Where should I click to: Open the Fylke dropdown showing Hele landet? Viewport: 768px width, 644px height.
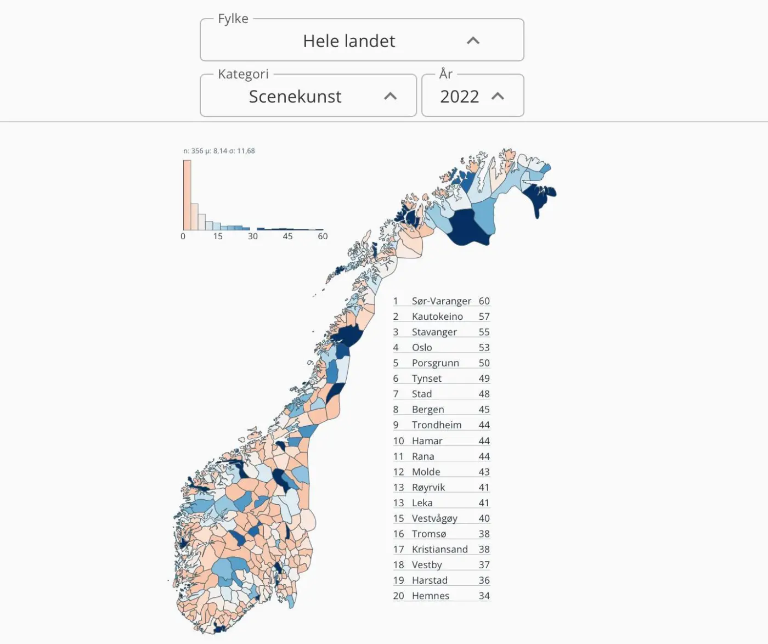(349, 41)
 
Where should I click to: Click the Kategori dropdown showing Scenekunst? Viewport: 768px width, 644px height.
(295, 97)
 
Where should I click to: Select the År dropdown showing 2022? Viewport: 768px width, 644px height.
(460, 97)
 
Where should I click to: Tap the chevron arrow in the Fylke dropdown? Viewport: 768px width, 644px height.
(473, 41)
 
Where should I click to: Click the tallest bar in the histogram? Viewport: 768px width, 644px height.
(187, 195)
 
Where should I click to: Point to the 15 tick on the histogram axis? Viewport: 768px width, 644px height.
(218, 236)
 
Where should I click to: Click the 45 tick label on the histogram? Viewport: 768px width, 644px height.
(287, 236)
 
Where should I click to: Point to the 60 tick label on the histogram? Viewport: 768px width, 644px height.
(323, 236)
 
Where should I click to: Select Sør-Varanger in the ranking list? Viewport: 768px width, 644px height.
(441, 301)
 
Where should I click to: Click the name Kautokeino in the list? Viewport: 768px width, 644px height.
(437, 317)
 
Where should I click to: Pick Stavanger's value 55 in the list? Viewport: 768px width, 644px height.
(484, 332)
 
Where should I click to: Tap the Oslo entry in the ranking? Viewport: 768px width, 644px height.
(422, 347)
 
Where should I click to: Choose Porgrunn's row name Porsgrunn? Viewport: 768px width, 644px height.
(435, 363)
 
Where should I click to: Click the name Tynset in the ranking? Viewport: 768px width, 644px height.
(426, 379)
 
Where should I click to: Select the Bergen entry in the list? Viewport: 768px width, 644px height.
(428, 409)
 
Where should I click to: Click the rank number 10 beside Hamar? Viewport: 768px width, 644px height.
(398, 441)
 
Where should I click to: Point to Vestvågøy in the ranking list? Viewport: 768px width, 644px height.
(434, 518)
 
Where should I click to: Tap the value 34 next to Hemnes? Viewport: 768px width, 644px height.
(484, 596)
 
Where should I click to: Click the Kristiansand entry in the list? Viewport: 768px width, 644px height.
(439, 549)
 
